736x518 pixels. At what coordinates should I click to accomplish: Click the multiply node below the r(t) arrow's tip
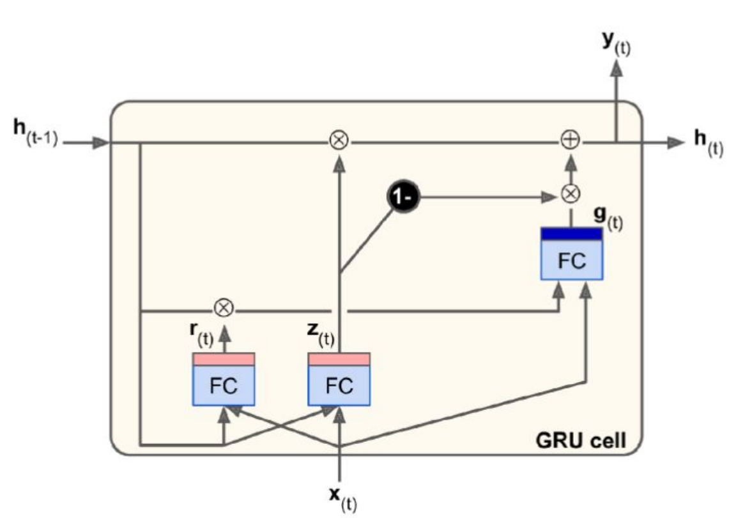pos(224,309)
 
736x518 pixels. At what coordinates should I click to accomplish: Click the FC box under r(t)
pos(224,385)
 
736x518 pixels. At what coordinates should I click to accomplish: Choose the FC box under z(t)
pos(339,385)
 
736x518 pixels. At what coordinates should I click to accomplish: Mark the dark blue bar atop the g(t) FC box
pos(572,234)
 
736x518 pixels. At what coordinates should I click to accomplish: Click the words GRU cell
pos(579,440)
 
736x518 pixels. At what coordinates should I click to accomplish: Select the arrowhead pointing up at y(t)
pos(616,69)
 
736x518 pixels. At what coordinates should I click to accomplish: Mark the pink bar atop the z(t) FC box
pos(339,360)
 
